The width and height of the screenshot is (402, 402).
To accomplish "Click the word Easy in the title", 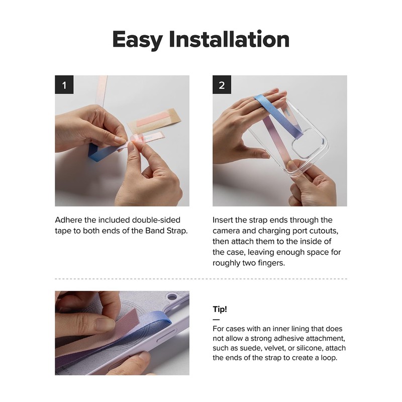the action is point(137,40).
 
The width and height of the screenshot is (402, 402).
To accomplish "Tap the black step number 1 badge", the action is point(64,84).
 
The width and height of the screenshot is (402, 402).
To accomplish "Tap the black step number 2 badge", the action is point(222,84).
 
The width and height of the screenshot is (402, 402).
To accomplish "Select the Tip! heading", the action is point(220,309).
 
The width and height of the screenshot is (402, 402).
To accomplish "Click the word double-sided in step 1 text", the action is point(156,220).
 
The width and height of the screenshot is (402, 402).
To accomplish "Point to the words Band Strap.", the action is point(166,231).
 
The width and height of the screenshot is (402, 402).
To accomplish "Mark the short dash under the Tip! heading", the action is point(216,320).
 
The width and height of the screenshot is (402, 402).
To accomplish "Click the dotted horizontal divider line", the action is point(201,279).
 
